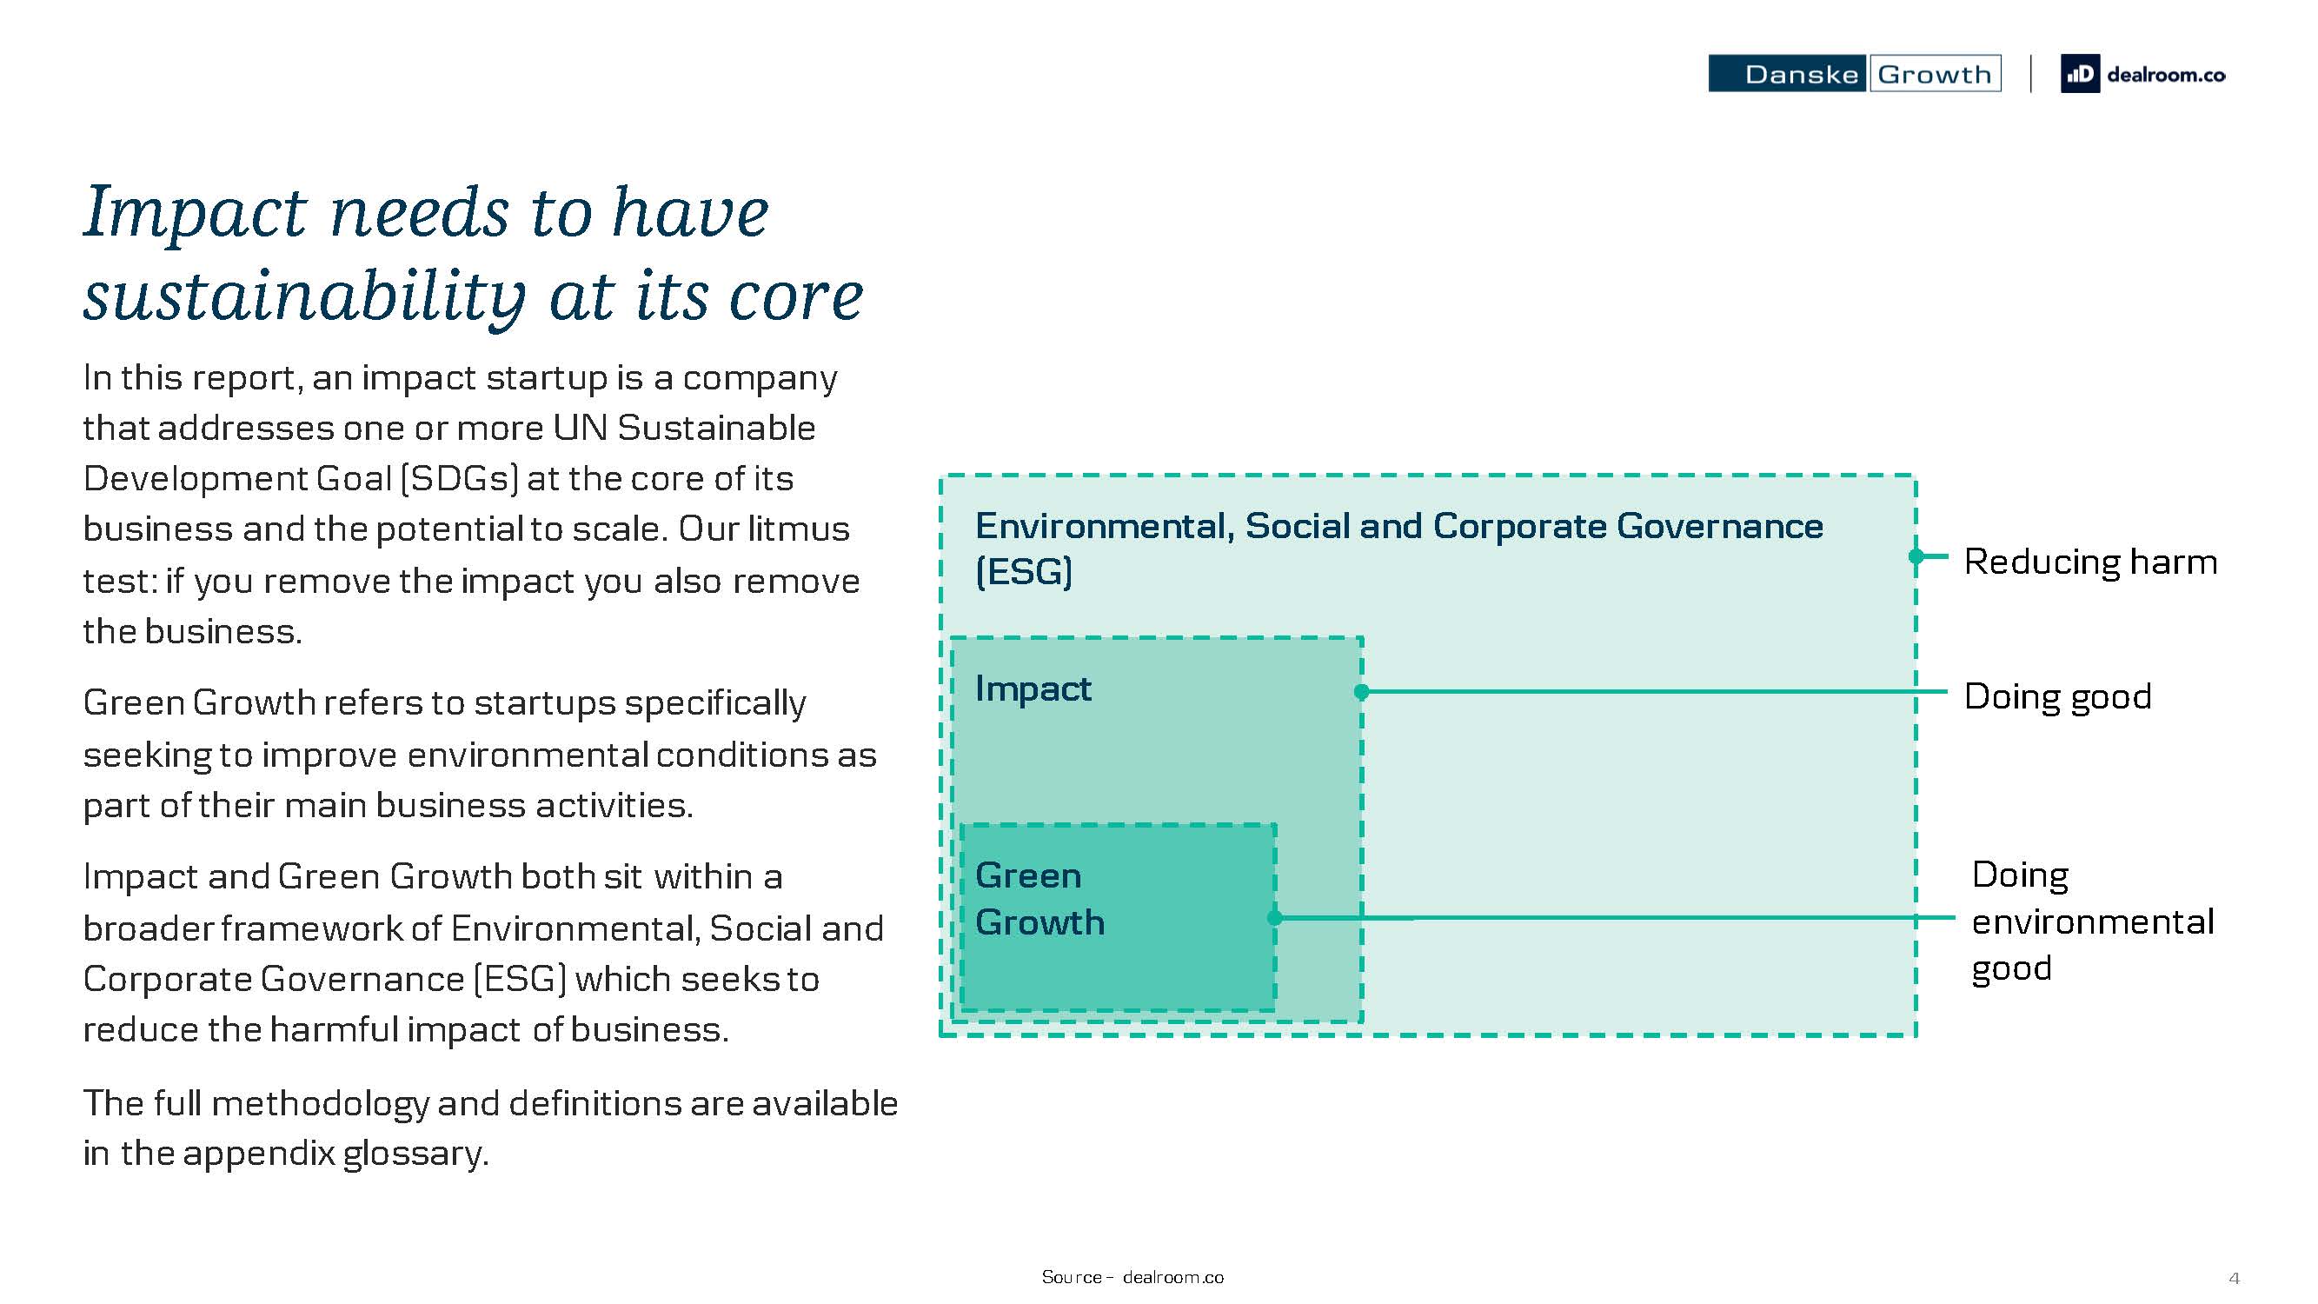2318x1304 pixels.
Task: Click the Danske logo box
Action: [x=1787, y=74]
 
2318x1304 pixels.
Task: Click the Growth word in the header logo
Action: [x=1935, y=74]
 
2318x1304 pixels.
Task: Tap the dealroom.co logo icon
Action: [x=2080, y=74]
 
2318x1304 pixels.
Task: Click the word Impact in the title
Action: [x=196, y=212]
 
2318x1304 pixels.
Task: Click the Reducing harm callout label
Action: [x=2090, y=562]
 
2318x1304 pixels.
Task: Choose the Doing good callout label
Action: [x=2058, y=696]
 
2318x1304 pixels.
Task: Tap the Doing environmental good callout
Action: [x=2092, y=921]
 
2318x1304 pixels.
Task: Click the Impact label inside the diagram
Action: [x=1033, y=689]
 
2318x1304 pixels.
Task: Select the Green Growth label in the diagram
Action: [x=1039, y=898]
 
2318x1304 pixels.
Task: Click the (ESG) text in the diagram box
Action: [x=1024, y=572]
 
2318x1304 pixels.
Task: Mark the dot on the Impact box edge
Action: [x=1361, y=691]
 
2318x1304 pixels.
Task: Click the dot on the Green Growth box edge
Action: [x=1274, y=918]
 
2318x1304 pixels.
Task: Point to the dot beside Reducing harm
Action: [x=1916, y=556]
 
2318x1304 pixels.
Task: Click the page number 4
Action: [x=2234, y=1278]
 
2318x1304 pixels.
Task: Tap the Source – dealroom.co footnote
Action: [x=1132, y=1277]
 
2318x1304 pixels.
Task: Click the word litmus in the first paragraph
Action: [x=799, y=529]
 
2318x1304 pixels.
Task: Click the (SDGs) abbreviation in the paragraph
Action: [x=460, y=478]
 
